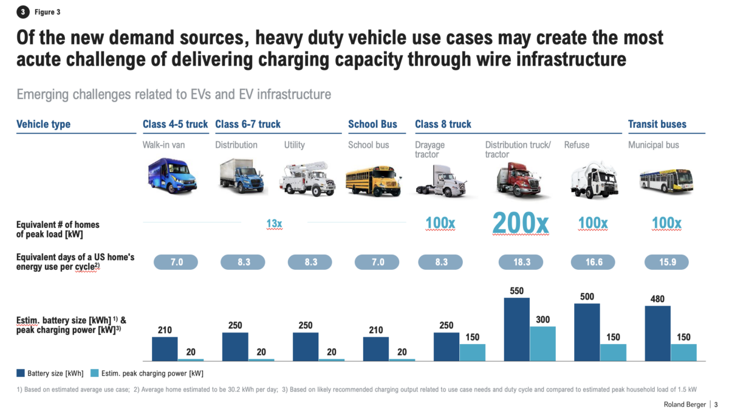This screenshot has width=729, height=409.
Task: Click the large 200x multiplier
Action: [x=520, y=223]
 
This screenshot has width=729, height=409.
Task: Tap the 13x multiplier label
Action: [x=274, y=223]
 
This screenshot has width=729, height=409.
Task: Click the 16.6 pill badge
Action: [x=593, y=262]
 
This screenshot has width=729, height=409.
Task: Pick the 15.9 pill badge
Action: [x=666, y=262]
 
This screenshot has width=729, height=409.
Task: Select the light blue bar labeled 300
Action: [x=542, y=343]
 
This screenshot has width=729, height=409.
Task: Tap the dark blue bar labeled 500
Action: [x=587, y=332]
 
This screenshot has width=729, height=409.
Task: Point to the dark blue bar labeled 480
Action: [x=657, y=334]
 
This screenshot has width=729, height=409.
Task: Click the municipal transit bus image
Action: [x=666, y=179]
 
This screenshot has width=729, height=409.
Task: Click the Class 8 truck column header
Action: [x=443, y=124]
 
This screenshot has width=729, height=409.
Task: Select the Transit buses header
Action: [x=657, y=124]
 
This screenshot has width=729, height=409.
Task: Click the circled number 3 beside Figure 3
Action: [x=23, y=12]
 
